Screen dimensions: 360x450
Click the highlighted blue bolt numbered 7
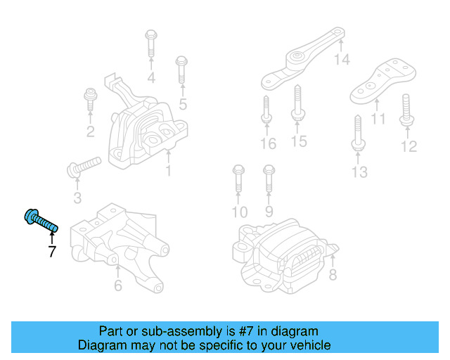40,221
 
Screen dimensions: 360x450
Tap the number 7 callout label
52,251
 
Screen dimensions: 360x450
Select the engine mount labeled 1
146,134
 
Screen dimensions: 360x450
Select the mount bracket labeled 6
122,243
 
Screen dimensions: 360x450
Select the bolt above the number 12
406,109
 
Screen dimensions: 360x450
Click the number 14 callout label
341,60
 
